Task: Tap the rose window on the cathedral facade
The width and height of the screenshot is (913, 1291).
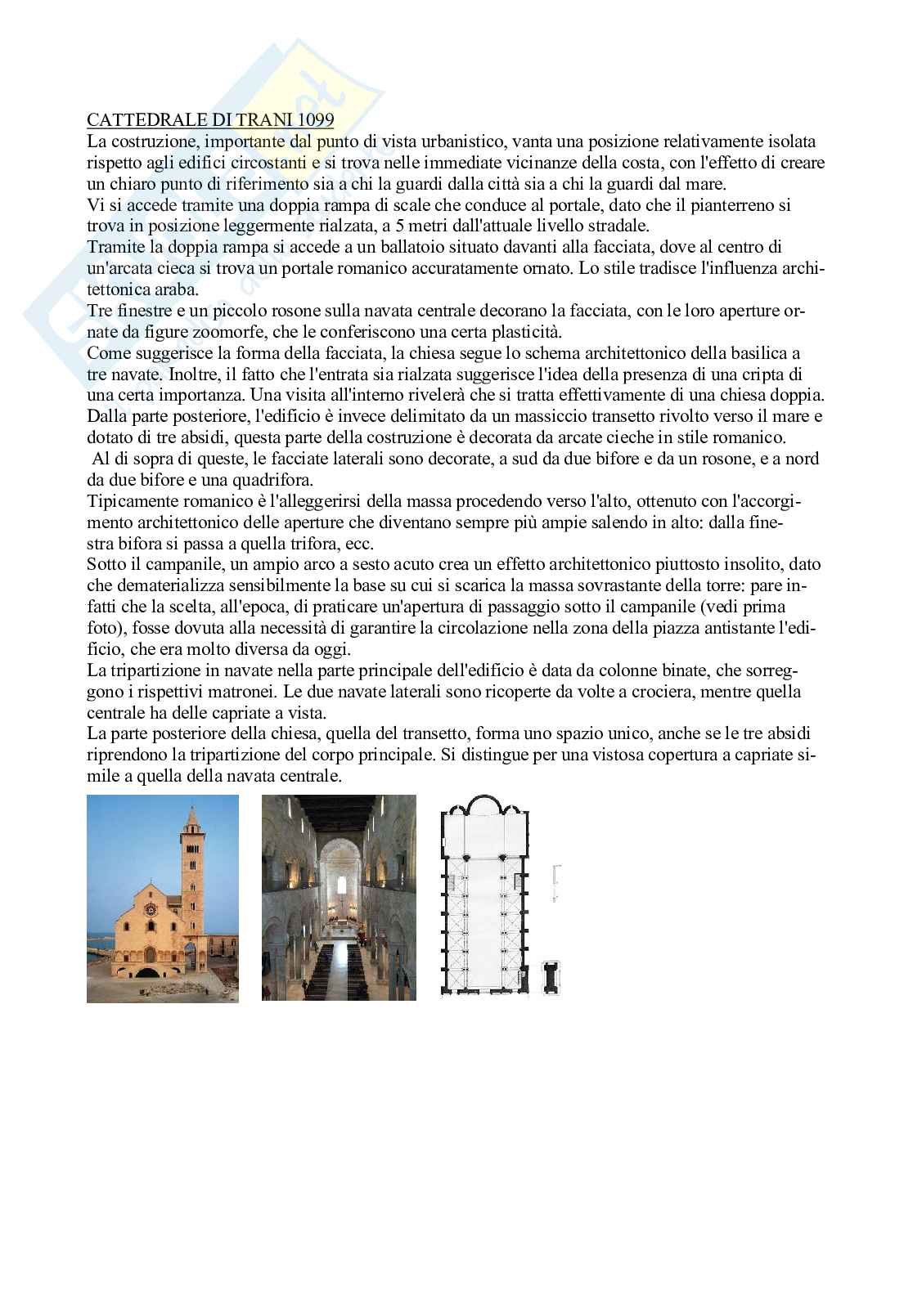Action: coord(151,908)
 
